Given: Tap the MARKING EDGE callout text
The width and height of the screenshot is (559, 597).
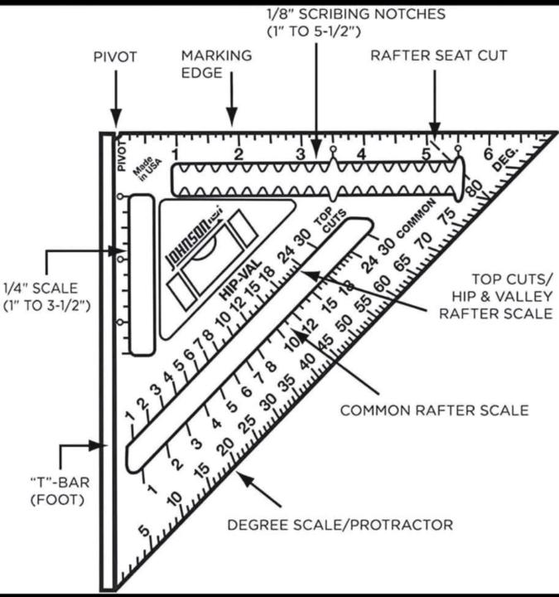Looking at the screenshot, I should click(x=217, y=63).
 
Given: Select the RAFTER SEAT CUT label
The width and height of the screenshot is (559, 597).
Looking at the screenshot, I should click(x=438, y=56).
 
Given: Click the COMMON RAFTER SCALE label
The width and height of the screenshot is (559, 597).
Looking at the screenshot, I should click(x=435, y=410).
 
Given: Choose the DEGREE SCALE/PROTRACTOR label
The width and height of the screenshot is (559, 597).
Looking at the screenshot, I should click(x=340, y=524).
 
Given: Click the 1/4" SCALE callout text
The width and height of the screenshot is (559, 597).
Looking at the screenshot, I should click(x=51, y=297).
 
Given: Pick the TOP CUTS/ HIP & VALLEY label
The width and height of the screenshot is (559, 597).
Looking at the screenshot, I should click(x=495, y=295).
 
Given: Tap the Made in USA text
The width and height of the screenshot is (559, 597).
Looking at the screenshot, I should click(x=146, y=175).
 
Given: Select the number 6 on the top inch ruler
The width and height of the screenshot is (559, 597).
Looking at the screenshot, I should click(x=489, y=153).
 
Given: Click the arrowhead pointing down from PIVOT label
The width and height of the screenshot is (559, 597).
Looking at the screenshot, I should click(x=115, y=120).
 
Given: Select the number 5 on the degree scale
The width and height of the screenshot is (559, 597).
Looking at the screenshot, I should click(x=144, y=531).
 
